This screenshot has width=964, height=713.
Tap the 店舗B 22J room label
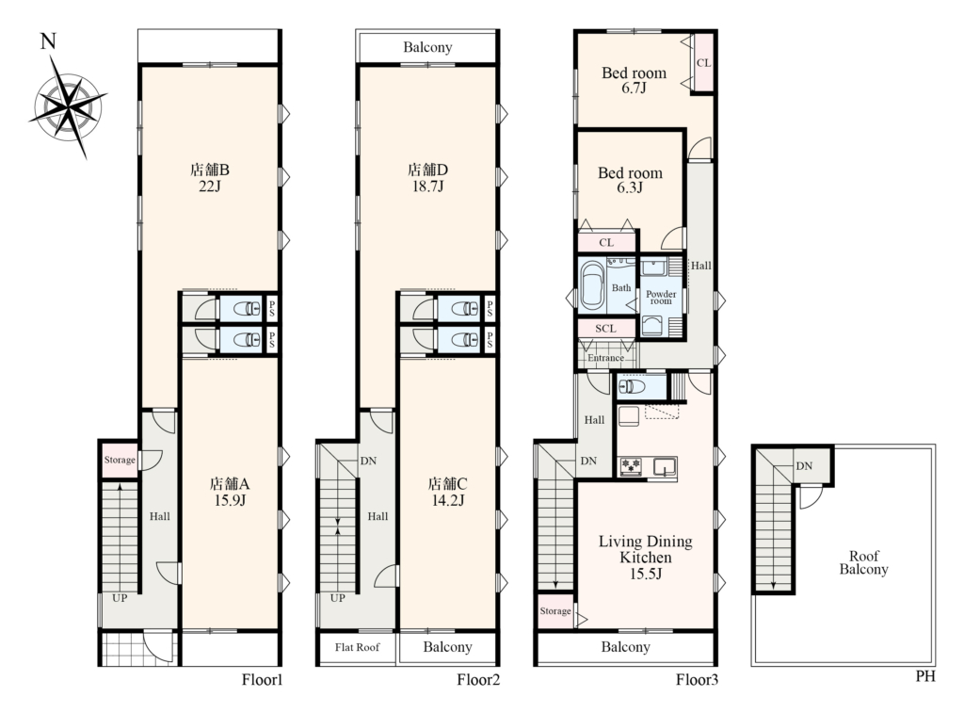pyautogui.click(x=210, y=177)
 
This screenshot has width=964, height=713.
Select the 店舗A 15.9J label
pyautogui.click(x=230, y=492)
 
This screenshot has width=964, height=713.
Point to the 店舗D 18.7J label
pyautogui.click(x=428, y=177)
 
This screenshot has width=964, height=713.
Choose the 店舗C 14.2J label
pyautogui.click(x=447, y=492)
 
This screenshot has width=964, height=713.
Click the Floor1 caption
pyautogui.click(x=262, y=680)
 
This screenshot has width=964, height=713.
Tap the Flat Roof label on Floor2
pyautogui.click(x=357, y=647)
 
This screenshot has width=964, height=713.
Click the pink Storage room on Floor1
pyautogui.click(x=120, y=460)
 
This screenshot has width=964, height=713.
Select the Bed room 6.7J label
pyautogui.click(x=634, y=80)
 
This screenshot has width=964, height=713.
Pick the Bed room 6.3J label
pyautogui.click(x=630, y=180)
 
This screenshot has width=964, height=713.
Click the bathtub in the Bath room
pyautogui.click(x=593, y=284)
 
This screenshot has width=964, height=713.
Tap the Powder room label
pyautogui.click(x=661, y=297)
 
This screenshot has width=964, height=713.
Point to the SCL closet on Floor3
pyautogui.click(x=605, y=329)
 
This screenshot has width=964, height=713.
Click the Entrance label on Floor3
pyautogui.click(x=605, y=357)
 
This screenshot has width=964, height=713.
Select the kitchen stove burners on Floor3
pyautogui.click(x=630, y=465)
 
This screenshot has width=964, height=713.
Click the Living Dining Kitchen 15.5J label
pyautogui.click(x=646, y=558)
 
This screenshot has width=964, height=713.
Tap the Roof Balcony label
pyautogui.click(x=864, y=563)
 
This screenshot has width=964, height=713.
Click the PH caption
pyautogui.click(x=925, y=676)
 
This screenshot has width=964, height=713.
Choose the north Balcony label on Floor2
pyautogui.click(x=428, y=47)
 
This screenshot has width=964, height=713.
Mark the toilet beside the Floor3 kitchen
pyautogui.click(x=633, y=386)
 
